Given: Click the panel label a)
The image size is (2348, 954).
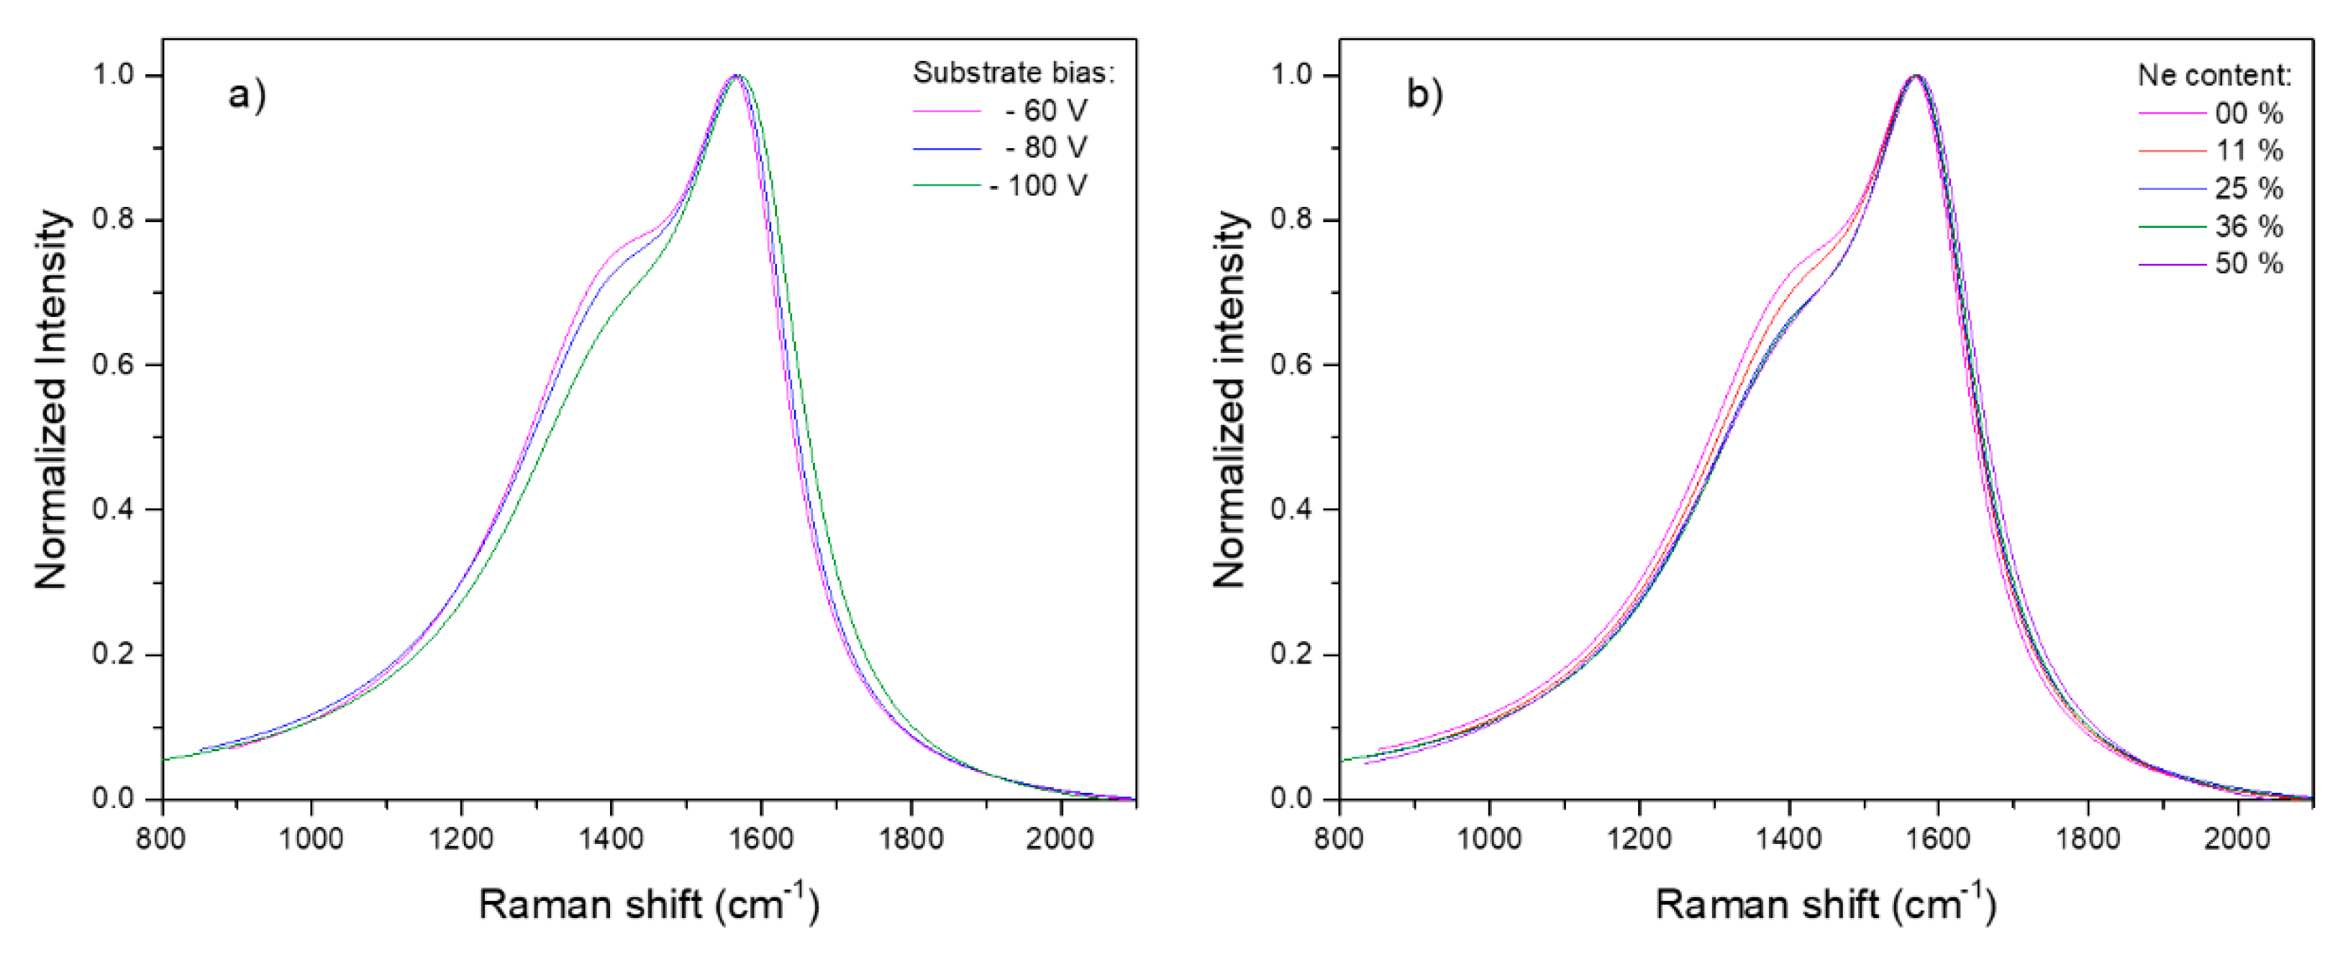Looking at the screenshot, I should [x=246, y=95].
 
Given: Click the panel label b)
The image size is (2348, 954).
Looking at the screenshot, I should [x=1424, y=95].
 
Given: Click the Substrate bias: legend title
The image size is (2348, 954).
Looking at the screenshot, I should [x=1014, y=73].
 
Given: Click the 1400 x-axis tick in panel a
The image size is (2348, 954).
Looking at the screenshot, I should [x=611, y=838].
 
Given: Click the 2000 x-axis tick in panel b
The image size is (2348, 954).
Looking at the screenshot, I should [x=2236, y=838].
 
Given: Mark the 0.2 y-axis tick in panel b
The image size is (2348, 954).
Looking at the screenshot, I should [x=1293, y=654].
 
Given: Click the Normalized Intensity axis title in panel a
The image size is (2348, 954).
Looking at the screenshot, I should [x=52, y=399].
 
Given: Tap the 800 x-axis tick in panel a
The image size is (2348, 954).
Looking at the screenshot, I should [x=163, y=838].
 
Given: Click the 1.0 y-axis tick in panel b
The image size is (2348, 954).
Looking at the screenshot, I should [x=1293, y=75].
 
